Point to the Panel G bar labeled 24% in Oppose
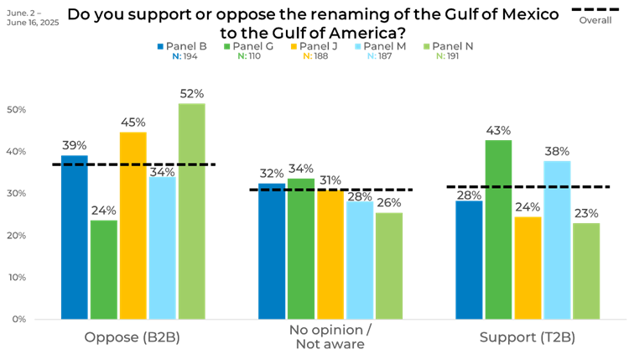(103, 269)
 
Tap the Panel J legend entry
(314, 46)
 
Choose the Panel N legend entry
(449, 46)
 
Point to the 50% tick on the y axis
(16, 110)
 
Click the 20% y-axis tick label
(16, 236)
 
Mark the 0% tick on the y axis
(18, 320)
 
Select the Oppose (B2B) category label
(133, 338)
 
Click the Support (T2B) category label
(528, 338)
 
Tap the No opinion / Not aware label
(330, 337)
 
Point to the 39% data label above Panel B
(75, 145)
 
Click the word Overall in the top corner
(595, 19)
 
